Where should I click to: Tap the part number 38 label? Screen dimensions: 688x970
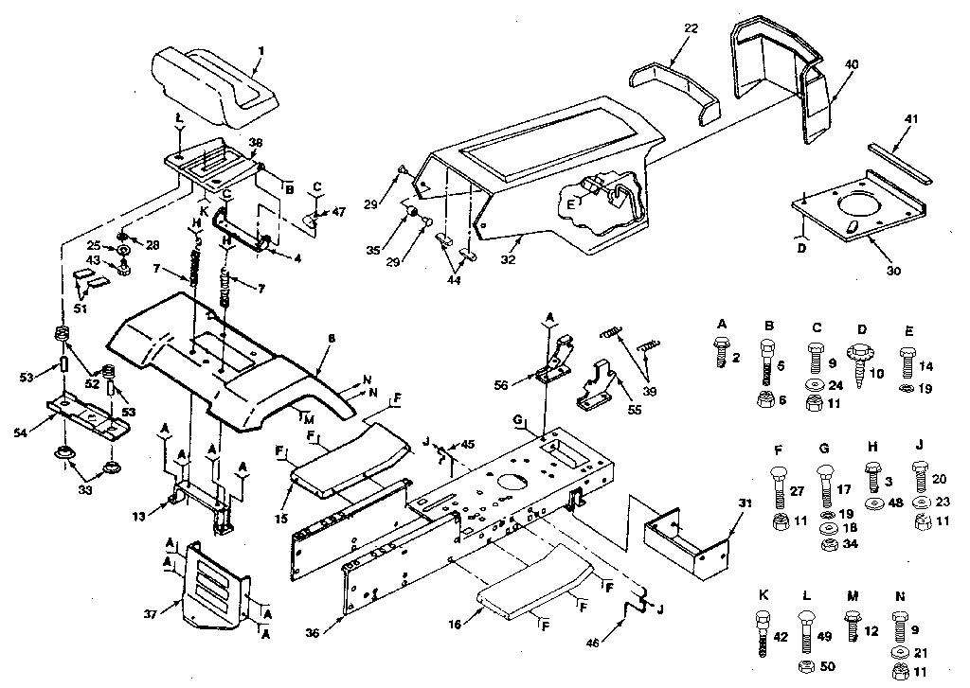(x=255, y=143)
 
